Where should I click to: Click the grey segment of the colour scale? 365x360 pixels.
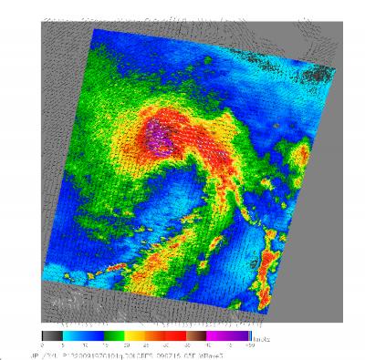point(51,334)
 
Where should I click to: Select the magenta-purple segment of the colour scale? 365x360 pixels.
point(215,334)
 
